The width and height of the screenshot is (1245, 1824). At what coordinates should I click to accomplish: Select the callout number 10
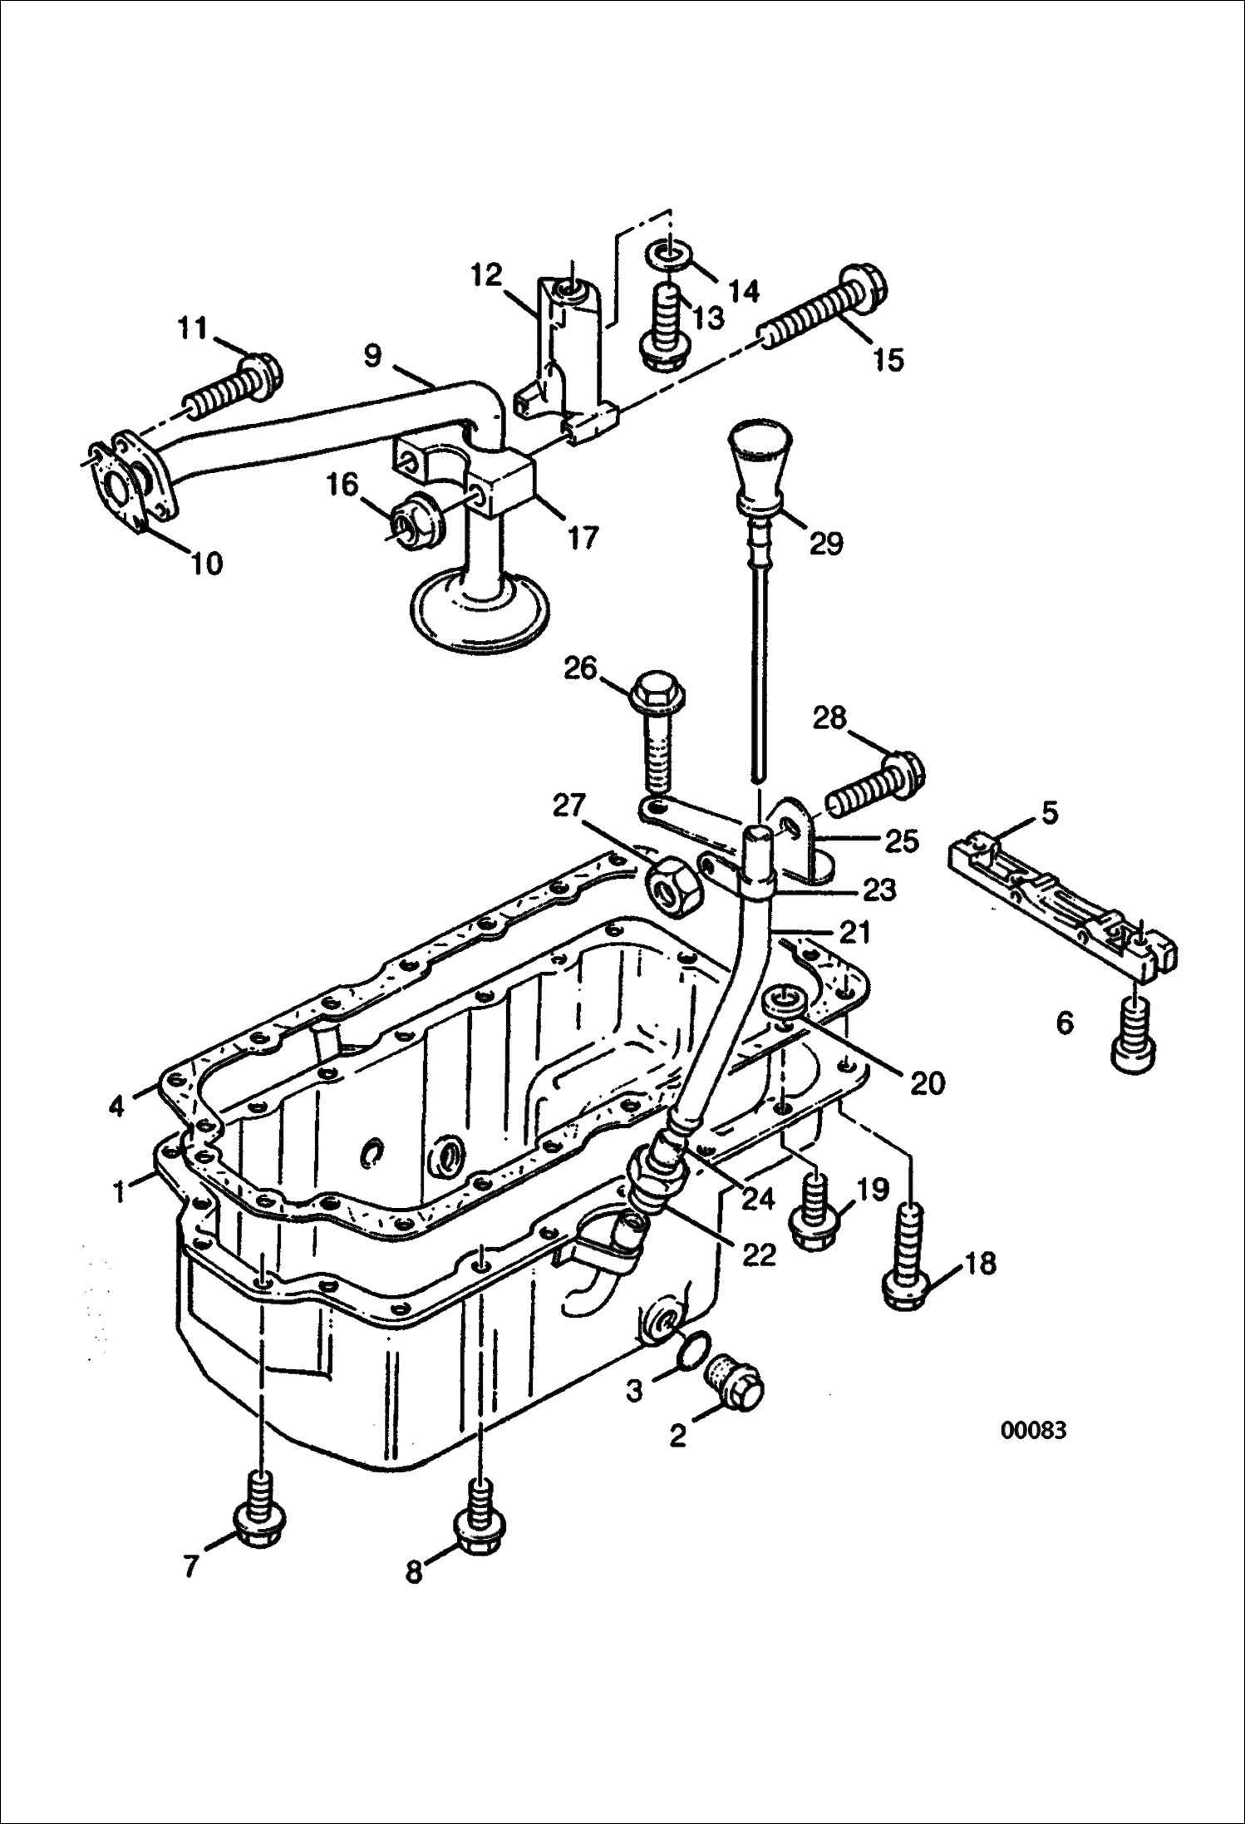click(207, 563)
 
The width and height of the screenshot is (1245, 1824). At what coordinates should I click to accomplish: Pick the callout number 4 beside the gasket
click(116, 1107)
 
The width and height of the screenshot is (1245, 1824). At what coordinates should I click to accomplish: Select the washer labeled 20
click(783, 1003)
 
